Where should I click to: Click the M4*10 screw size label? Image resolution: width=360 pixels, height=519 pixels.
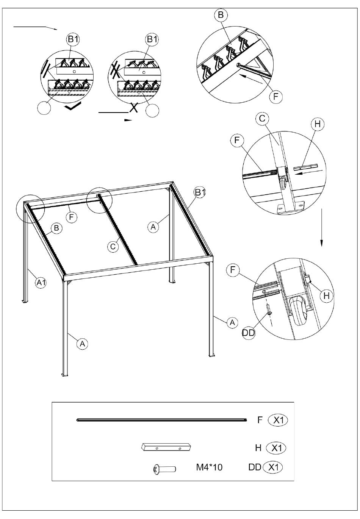click(209, 467)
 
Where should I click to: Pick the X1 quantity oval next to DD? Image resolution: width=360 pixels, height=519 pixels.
click(273, 467)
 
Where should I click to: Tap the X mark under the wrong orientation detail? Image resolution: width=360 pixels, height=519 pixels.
click(134, 108)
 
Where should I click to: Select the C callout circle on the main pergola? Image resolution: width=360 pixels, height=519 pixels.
click(113, 246)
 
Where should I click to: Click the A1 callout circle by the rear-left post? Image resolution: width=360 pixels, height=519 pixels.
click(41, 283)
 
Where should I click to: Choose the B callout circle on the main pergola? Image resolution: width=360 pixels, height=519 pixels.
click(56, 228)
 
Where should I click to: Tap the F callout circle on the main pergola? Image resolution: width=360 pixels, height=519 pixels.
click(71, 217)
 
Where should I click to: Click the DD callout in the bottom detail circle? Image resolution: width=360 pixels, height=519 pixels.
click(249, 333)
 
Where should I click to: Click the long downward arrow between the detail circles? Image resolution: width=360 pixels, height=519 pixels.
click(321, 227)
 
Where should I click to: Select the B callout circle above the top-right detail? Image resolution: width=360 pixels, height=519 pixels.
click(221, 15)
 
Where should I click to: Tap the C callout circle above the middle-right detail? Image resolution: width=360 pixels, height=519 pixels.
click(262, 119)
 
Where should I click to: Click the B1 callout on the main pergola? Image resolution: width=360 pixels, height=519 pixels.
click(200, 192)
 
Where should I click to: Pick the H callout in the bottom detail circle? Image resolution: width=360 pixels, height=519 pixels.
click(326, 295)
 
